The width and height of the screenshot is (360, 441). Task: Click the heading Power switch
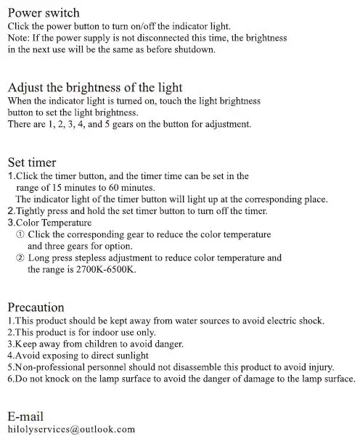44,13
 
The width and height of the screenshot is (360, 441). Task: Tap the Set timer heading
32,162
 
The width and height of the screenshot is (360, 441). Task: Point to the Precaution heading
36,307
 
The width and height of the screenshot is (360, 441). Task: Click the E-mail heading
25,416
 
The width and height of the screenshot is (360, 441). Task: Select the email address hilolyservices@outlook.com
71,429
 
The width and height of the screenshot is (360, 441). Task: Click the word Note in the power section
18,36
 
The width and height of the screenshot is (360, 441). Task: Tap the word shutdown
195,49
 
